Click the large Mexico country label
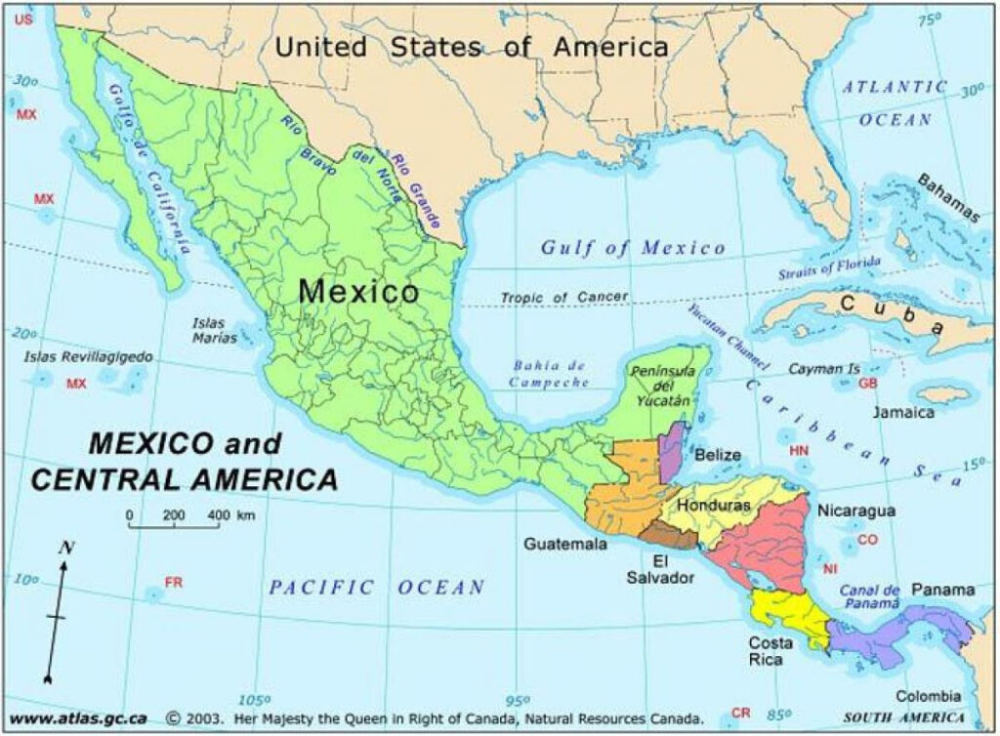pos(358,291)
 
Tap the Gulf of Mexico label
pos(634,248)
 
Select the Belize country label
pos(717,455)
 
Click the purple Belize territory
pos(672,450)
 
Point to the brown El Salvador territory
pos(669,533)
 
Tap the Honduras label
pos(714,507)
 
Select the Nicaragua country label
pos(855,511)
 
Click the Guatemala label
pos(564,544)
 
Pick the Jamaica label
pos(903,412)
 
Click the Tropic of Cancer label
pos(564,297)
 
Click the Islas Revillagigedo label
pos(88,357)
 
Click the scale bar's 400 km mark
pos(220,513)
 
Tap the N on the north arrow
pos(67,548)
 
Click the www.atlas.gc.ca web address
pos(78,718)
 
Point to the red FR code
pos(174,583)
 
